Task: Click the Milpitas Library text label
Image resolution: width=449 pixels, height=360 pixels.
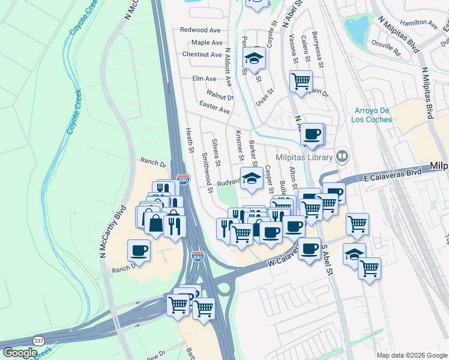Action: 304,157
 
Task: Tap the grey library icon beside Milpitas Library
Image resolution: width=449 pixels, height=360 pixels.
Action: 342,157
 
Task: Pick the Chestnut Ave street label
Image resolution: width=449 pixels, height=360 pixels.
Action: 202,54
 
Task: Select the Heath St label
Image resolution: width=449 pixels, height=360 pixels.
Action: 189,139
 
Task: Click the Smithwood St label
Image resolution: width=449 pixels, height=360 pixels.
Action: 207,173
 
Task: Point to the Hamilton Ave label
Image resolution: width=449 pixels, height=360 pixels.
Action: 419,24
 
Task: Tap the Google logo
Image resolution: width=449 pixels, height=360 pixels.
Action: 20,353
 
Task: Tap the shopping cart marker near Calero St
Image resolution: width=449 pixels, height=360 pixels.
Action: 300,80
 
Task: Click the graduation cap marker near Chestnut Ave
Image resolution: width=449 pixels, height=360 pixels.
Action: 254,59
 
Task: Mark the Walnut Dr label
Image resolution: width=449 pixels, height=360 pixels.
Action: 220,95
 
